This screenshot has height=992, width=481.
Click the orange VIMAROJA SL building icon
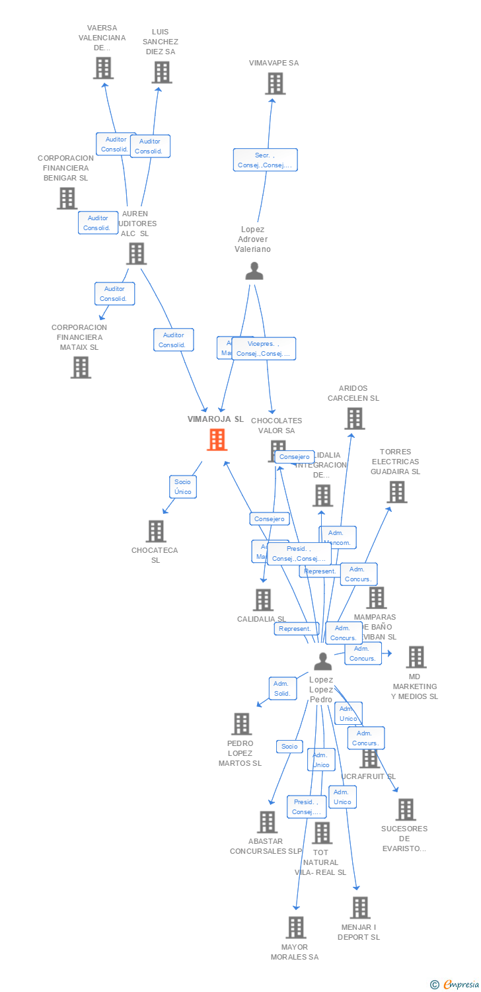(x=217, y=440)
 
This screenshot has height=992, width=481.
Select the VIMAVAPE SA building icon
(x=275, y=84)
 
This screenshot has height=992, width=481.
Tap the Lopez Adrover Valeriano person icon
(x=254, y=271)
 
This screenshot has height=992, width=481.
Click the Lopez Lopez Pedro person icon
(x=322, y=661)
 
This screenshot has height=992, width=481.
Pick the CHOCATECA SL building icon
(x=156, y=531)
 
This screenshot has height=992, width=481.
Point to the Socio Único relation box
(x=182, y=487)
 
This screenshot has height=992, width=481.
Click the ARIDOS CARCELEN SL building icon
(x=354, y=419)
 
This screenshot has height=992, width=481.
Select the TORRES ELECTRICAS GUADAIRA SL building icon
(x=396, y=492)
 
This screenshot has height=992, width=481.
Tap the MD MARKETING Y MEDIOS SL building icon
(x=416, y=657)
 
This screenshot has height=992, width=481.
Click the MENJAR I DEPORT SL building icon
(x=359, y=907)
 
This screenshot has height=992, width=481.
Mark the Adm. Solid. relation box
(x=283, y=688)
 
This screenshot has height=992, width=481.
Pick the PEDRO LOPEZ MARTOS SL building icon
(x=242, y=724)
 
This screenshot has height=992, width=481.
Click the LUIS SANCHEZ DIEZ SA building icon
(x=161, y=72)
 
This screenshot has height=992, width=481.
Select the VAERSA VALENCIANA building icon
(x=103, y=68)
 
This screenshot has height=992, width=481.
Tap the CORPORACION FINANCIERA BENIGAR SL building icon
(x=67, y=198)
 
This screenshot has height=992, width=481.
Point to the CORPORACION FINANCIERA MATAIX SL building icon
(x=81, y=367)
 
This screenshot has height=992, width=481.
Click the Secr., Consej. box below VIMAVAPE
(x=265, y=160)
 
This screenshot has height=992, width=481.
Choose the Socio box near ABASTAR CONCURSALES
(x=289, y=747)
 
